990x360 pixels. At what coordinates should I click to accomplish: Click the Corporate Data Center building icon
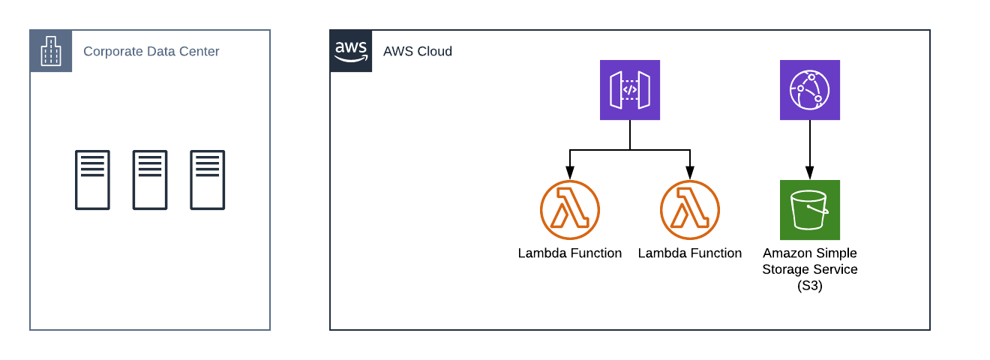[51, 51]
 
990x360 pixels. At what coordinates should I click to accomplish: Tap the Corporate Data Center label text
[151, 52]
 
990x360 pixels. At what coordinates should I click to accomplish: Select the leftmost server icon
[92, 180]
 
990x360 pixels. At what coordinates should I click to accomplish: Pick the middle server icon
[150, 180]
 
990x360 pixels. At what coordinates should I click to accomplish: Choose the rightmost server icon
[207, 180]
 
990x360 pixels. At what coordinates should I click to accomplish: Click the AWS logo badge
[351, 51]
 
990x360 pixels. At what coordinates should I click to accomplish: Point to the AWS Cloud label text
[417, 52]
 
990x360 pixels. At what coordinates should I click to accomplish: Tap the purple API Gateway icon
[630, 90]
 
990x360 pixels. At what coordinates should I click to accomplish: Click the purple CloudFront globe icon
[810, 90]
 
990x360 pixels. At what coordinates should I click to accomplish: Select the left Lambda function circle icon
[570, 210]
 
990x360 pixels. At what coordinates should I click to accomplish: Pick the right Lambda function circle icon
[690, 210]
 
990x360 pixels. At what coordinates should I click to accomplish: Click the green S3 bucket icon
[810, 210]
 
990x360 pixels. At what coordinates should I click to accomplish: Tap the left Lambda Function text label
[570, 253]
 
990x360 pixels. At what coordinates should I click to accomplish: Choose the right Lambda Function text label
[690, 253]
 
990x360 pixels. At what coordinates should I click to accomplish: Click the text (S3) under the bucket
[810, 286]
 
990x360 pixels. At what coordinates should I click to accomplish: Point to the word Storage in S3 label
[787, 270]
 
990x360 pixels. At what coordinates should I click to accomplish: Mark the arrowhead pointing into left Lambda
[570, 174]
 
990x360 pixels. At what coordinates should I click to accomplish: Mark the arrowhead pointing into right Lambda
[690, 174]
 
